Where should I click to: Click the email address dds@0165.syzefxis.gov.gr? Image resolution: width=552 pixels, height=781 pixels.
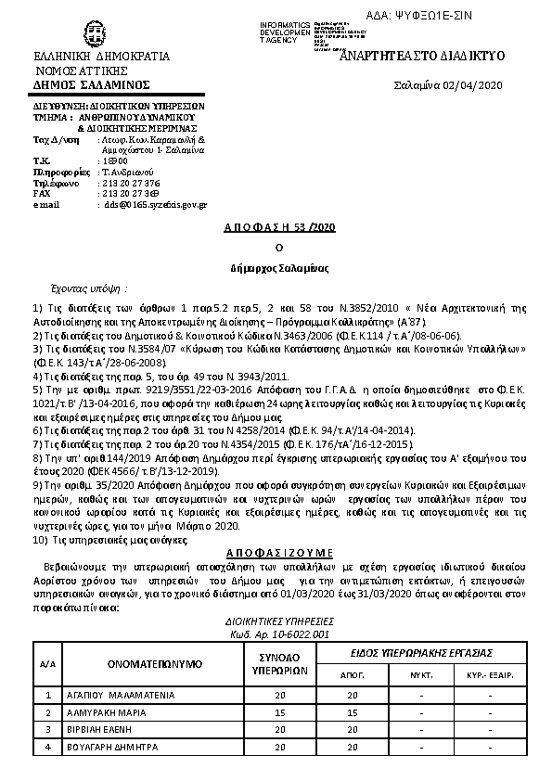155,204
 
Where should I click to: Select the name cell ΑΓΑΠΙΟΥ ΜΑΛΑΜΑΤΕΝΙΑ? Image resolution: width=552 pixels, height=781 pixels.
120,693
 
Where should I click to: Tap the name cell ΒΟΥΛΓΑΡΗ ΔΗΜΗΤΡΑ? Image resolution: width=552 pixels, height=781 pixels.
113,746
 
